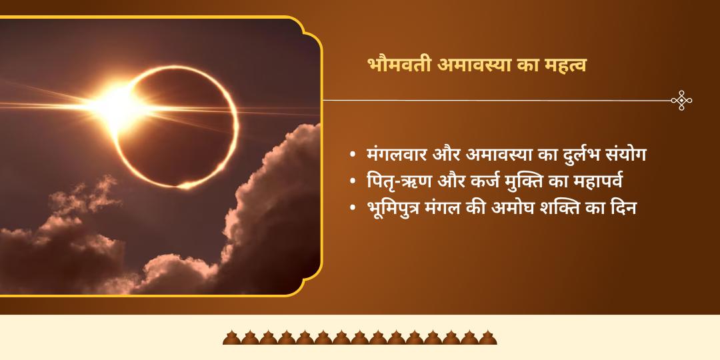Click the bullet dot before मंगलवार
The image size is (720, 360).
click(x=352, y=155)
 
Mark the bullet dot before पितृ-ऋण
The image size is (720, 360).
click(x=352, y=182)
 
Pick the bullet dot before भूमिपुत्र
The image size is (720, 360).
click(x=352, y=209)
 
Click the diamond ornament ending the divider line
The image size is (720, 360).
click(x=681, y=101)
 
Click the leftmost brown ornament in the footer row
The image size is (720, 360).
click(x=231, y=337)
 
